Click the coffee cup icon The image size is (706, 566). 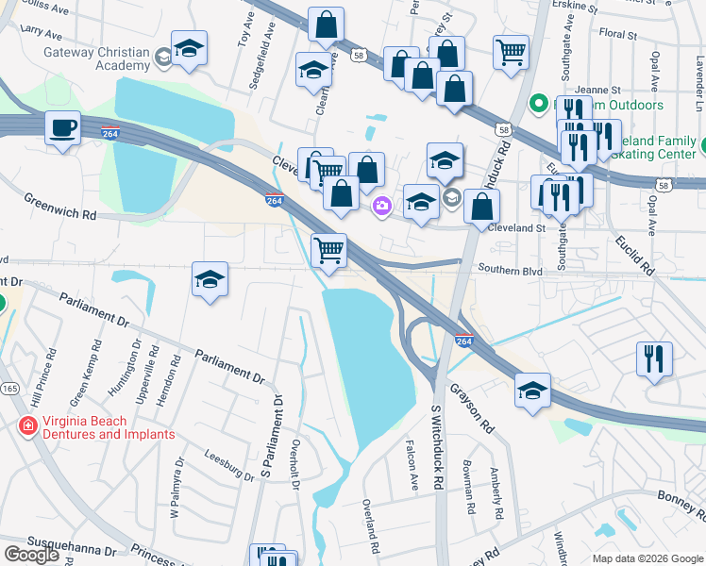63,128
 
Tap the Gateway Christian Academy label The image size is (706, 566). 96,58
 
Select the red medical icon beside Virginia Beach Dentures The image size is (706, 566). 28,427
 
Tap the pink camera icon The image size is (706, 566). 382,206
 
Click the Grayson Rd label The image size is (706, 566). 472,408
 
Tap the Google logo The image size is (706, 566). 31,555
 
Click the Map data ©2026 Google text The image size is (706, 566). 647,558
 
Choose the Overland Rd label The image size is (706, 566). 369,524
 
